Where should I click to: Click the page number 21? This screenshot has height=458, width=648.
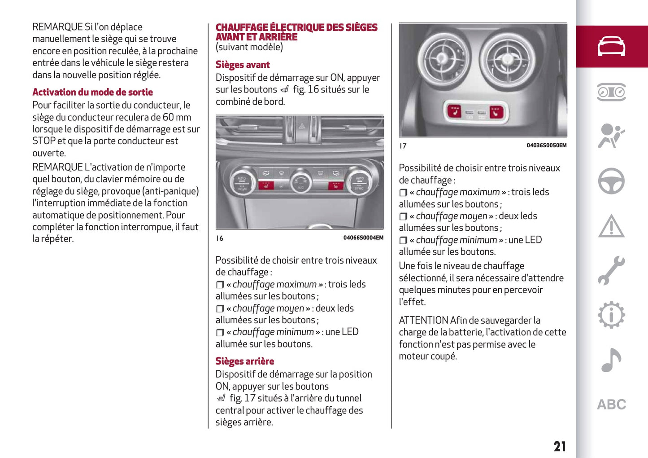(x=559, y=446)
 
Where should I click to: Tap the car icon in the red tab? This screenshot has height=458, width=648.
(x=611, y=46)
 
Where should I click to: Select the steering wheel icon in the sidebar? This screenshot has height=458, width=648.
(x=611, y=181)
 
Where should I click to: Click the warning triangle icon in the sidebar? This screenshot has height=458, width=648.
(x=611, y=226)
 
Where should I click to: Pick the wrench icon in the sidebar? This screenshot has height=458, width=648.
(x=611, y=270)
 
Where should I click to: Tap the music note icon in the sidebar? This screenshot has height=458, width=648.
(x=611, y=360)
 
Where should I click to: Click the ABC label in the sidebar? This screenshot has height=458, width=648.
(x=611, y=405)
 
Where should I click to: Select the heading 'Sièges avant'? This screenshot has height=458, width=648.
(x=243, y=65)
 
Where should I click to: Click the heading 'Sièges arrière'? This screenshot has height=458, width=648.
(x=244, y=361)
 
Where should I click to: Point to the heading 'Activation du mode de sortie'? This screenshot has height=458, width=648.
(x=92, y=92)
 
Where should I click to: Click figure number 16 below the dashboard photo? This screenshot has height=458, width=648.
(x=219, y=238)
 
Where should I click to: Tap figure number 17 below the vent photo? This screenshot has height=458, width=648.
(x=403, y=146)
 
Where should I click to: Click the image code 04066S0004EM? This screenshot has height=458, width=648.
(x=363, y=238)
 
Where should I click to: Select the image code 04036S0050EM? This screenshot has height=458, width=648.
(x=546, y=145)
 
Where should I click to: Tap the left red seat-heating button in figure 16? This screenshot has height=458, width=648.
(x=266, y=185)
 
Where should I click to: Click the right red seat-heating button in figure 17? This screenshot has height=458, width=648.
(x=496, y=111)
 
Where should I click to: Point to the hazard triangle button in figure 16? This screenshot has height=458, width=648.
(x=302, y=126)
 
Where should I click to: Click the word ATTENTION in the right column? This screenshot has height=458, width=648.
(x=423, y=321)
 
